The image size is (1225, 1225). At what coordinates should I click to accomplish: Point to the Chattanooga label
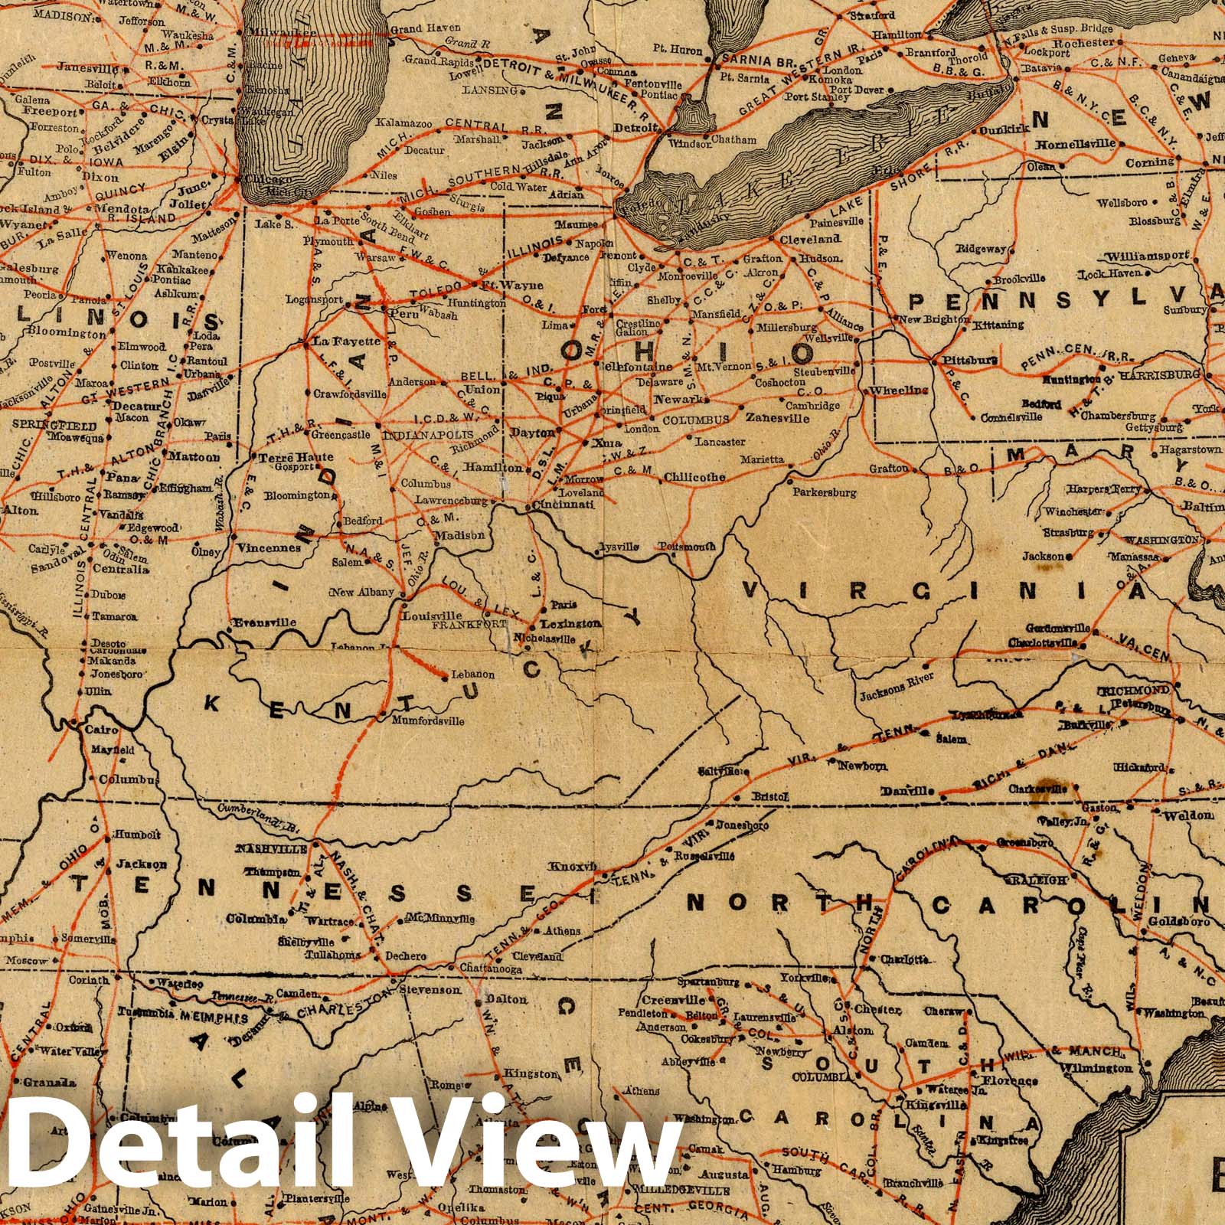tap(492, 969)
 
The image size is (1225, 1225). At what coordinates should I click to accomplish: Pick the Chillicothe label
tap(694, 477)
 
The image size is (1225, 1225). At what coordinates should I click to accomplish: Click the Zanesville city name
tap(776, 419)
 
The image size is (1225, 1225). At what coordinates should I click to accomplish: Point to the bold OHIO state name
tap(687, 352)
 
